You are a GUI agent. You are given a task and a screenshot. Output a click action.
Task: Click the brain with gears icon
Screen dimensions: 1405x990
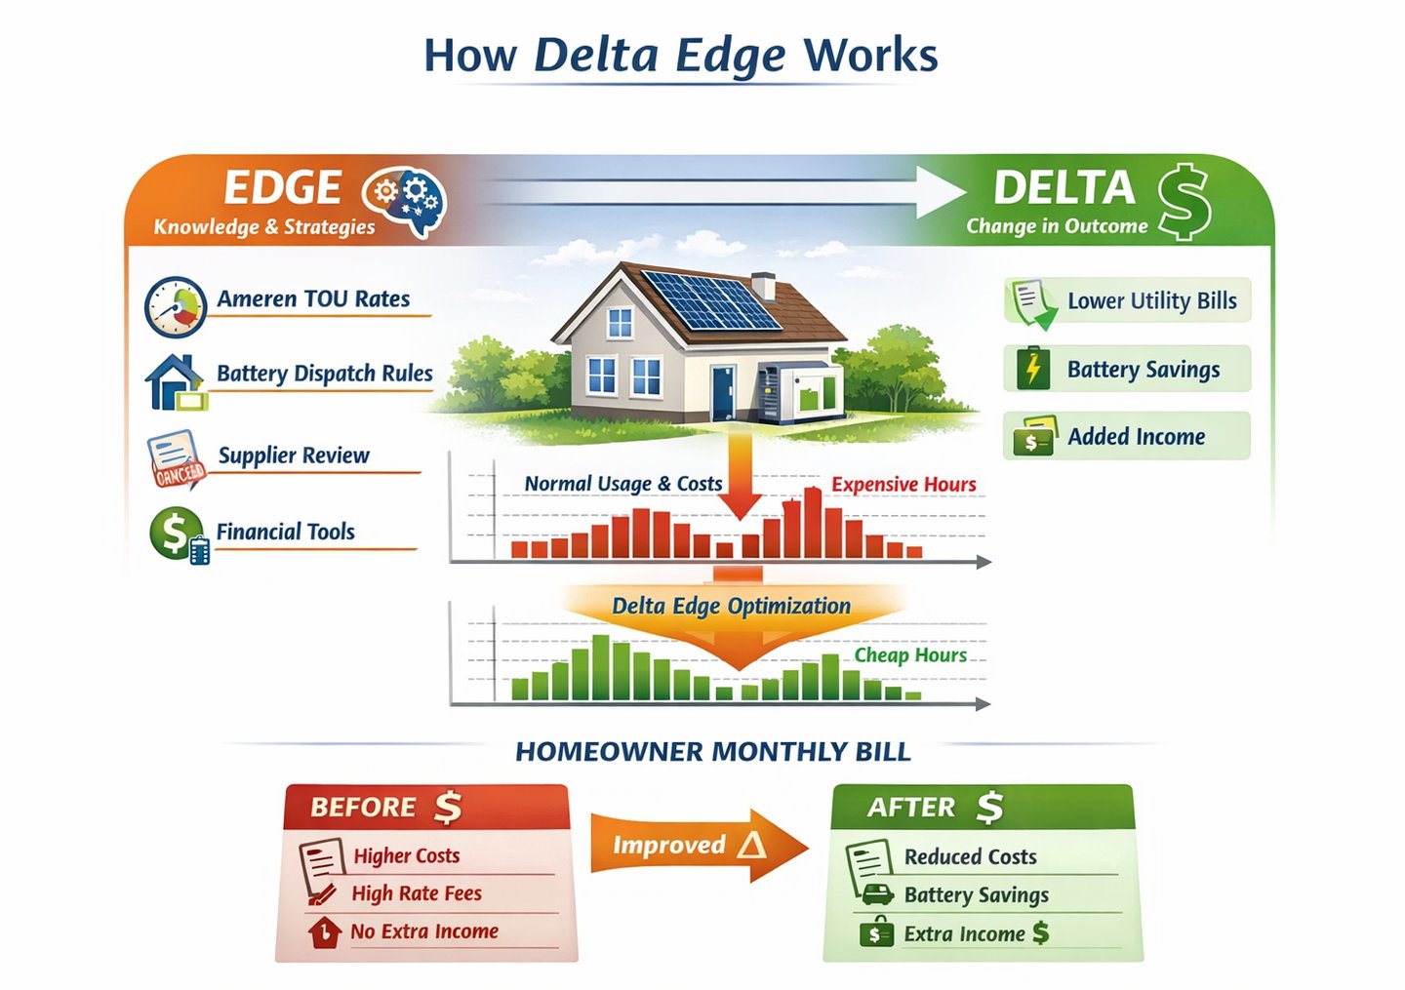(x=404, y=202)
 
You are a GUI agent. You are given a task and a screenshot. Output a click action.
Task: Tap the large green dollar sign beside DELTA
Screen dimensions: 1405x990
(x=1184, y=201)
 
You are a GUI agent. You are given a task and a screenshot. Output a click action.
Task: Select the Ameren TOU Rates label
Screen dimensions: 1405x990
(x=313, y=299)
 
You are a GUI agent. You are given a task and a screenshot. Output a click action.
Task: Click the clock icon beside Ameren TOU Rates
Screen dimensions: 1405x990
(x=176, y=306)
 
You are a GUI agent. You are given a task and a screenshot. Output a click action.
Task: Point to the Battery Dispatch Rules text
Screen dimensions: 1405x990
(x=324, y=374)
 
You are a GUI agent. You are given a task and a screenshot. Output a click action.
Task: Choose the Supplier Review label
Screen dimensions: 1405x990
(x=294, y=455)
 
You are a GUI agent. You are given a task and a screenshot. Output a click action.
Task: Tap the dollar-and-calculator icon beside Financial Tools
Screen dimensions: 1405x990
(x=179, y=535)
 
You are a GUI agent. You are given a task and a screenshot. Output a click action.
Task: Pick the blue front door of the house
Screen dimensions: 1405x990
(x=723, y=391)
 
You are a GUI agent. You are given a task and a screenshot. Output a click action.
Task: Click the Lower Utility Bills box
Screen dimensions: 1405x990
(x=1127, y=300)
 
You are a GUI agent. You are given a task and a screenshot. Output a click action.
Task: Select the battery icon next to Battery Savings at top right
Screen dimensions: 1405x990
(x=1032, y=369)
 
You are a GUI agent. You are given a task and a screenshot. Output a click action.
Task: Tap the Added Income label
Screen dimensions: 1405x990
(x=1136, y=437)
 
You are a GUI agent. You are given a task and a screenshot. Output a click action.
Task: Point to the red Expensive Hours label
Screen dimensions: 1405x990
(x=903, y=485)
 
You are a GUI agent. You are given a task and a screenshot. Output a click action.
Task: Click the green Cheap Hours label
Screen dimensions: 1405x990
(x=910, y=655)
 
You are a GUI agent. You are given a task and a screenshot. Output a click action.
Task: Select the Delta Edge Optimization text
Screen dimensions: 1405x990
(x=731, y=606)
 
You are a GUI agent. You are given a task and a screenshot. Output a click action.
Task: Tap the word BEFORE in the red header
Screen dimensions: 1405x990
(x=363, y=808)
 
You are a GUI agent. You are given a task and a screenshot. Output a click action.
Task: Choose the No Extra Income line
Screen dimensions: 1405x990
(x=424, y=931)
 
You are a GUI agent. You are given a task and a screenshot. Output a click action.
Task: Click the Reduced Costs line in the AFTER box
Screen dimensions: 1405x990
(x=970, y=856)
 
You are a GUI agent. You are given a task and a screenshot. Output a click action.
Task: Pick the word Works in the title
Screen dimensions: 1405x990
(x=870, y=56)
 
